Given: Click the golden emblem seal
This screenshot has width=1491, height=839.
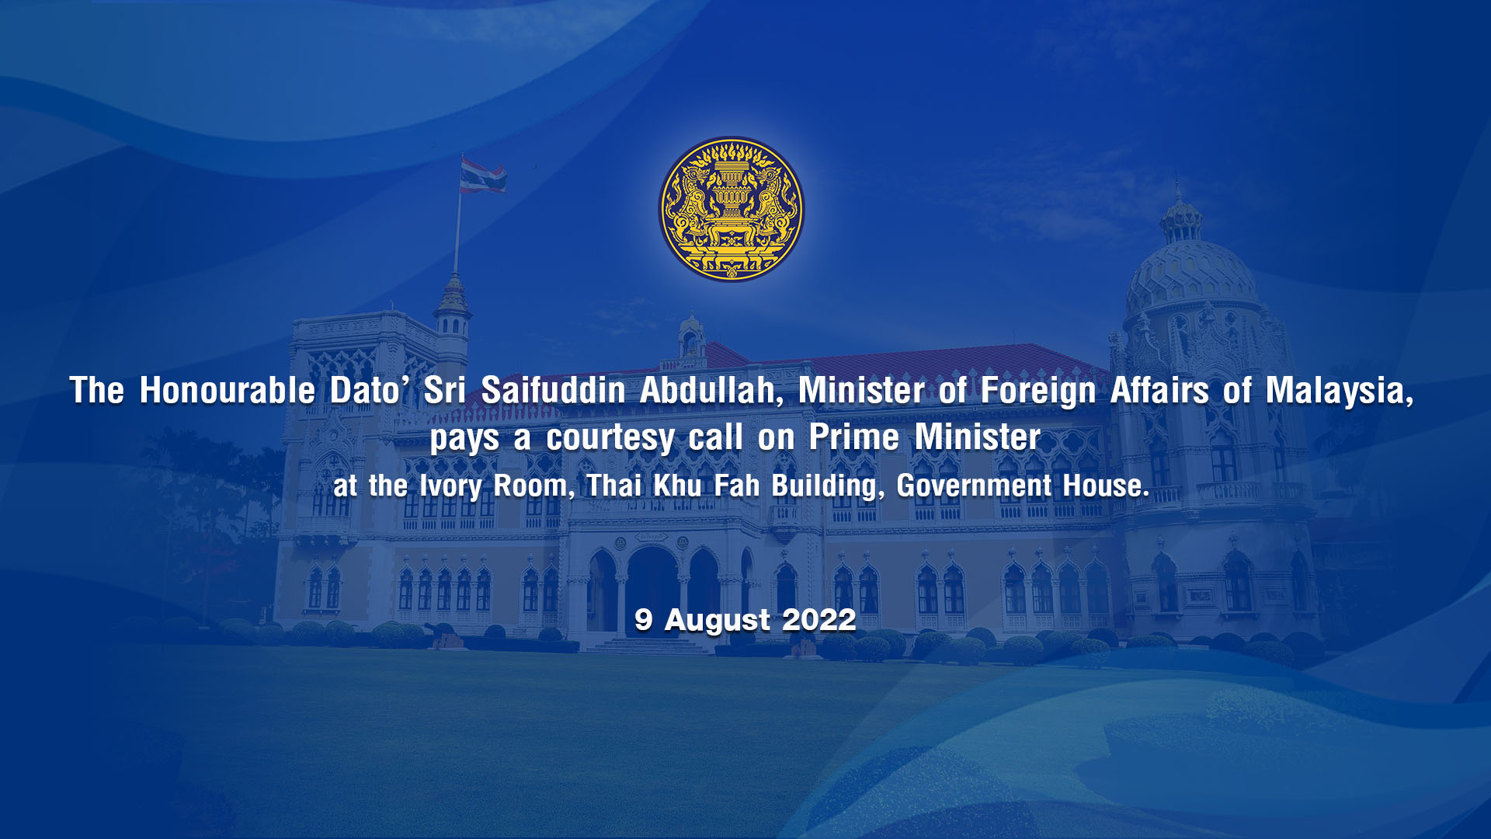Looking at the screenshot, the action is click(x=732, y=210).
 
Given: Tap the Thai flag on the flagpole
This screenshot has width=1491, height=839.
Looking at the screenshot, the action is click(x=482, y=175).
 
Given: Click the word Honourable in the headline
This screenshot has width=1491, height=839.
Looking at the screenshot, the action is click(x=227, y=390).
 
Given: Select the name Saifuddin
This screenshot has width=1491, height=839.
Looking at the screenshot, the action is click(x=553, y=390).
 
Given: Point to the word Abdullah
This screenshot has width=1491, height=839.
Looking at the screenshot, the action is click(x=711, y=390).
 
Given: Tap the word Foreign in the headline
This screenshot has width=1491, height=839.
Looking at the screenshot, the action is click(x=1038, y=391).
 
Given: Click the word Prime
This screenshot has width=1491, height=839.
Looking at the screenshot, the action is click(x=854, y=437).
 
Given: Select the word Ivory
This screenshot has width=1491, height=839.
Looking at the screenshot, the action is click(x=450, y=487).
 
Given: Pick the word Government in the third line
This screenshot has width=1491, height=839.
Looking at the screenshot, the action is click(x=974, y=486).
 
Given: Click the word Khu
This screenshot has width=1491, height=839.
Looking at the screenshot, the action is click(x=677, y=486).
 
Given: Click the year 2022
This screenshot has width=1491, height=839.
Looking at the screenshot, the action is click(x=819, y=620).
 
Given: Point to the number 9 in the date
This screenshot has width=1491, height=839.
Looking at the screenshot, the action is click(x=643, y=620).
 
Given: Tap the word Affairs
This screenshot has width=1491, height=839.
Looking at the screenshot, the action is click(x=1159, y=390).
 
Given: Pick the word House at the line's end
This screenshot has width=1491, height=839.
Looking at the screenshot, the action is click(x=1106, y=486).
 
